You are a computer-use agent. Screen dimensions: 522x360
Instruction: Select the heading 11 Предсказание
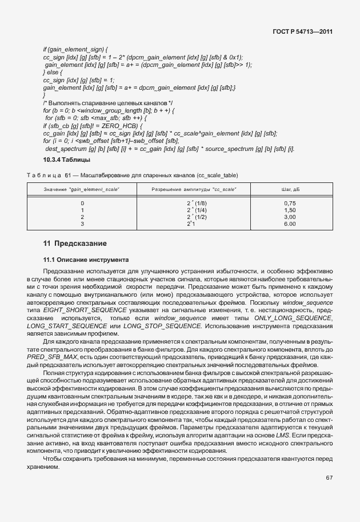click(x=74, y=243)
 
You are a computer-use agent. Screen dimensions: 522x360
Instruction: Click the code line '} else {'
click(x=53, y=73)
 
